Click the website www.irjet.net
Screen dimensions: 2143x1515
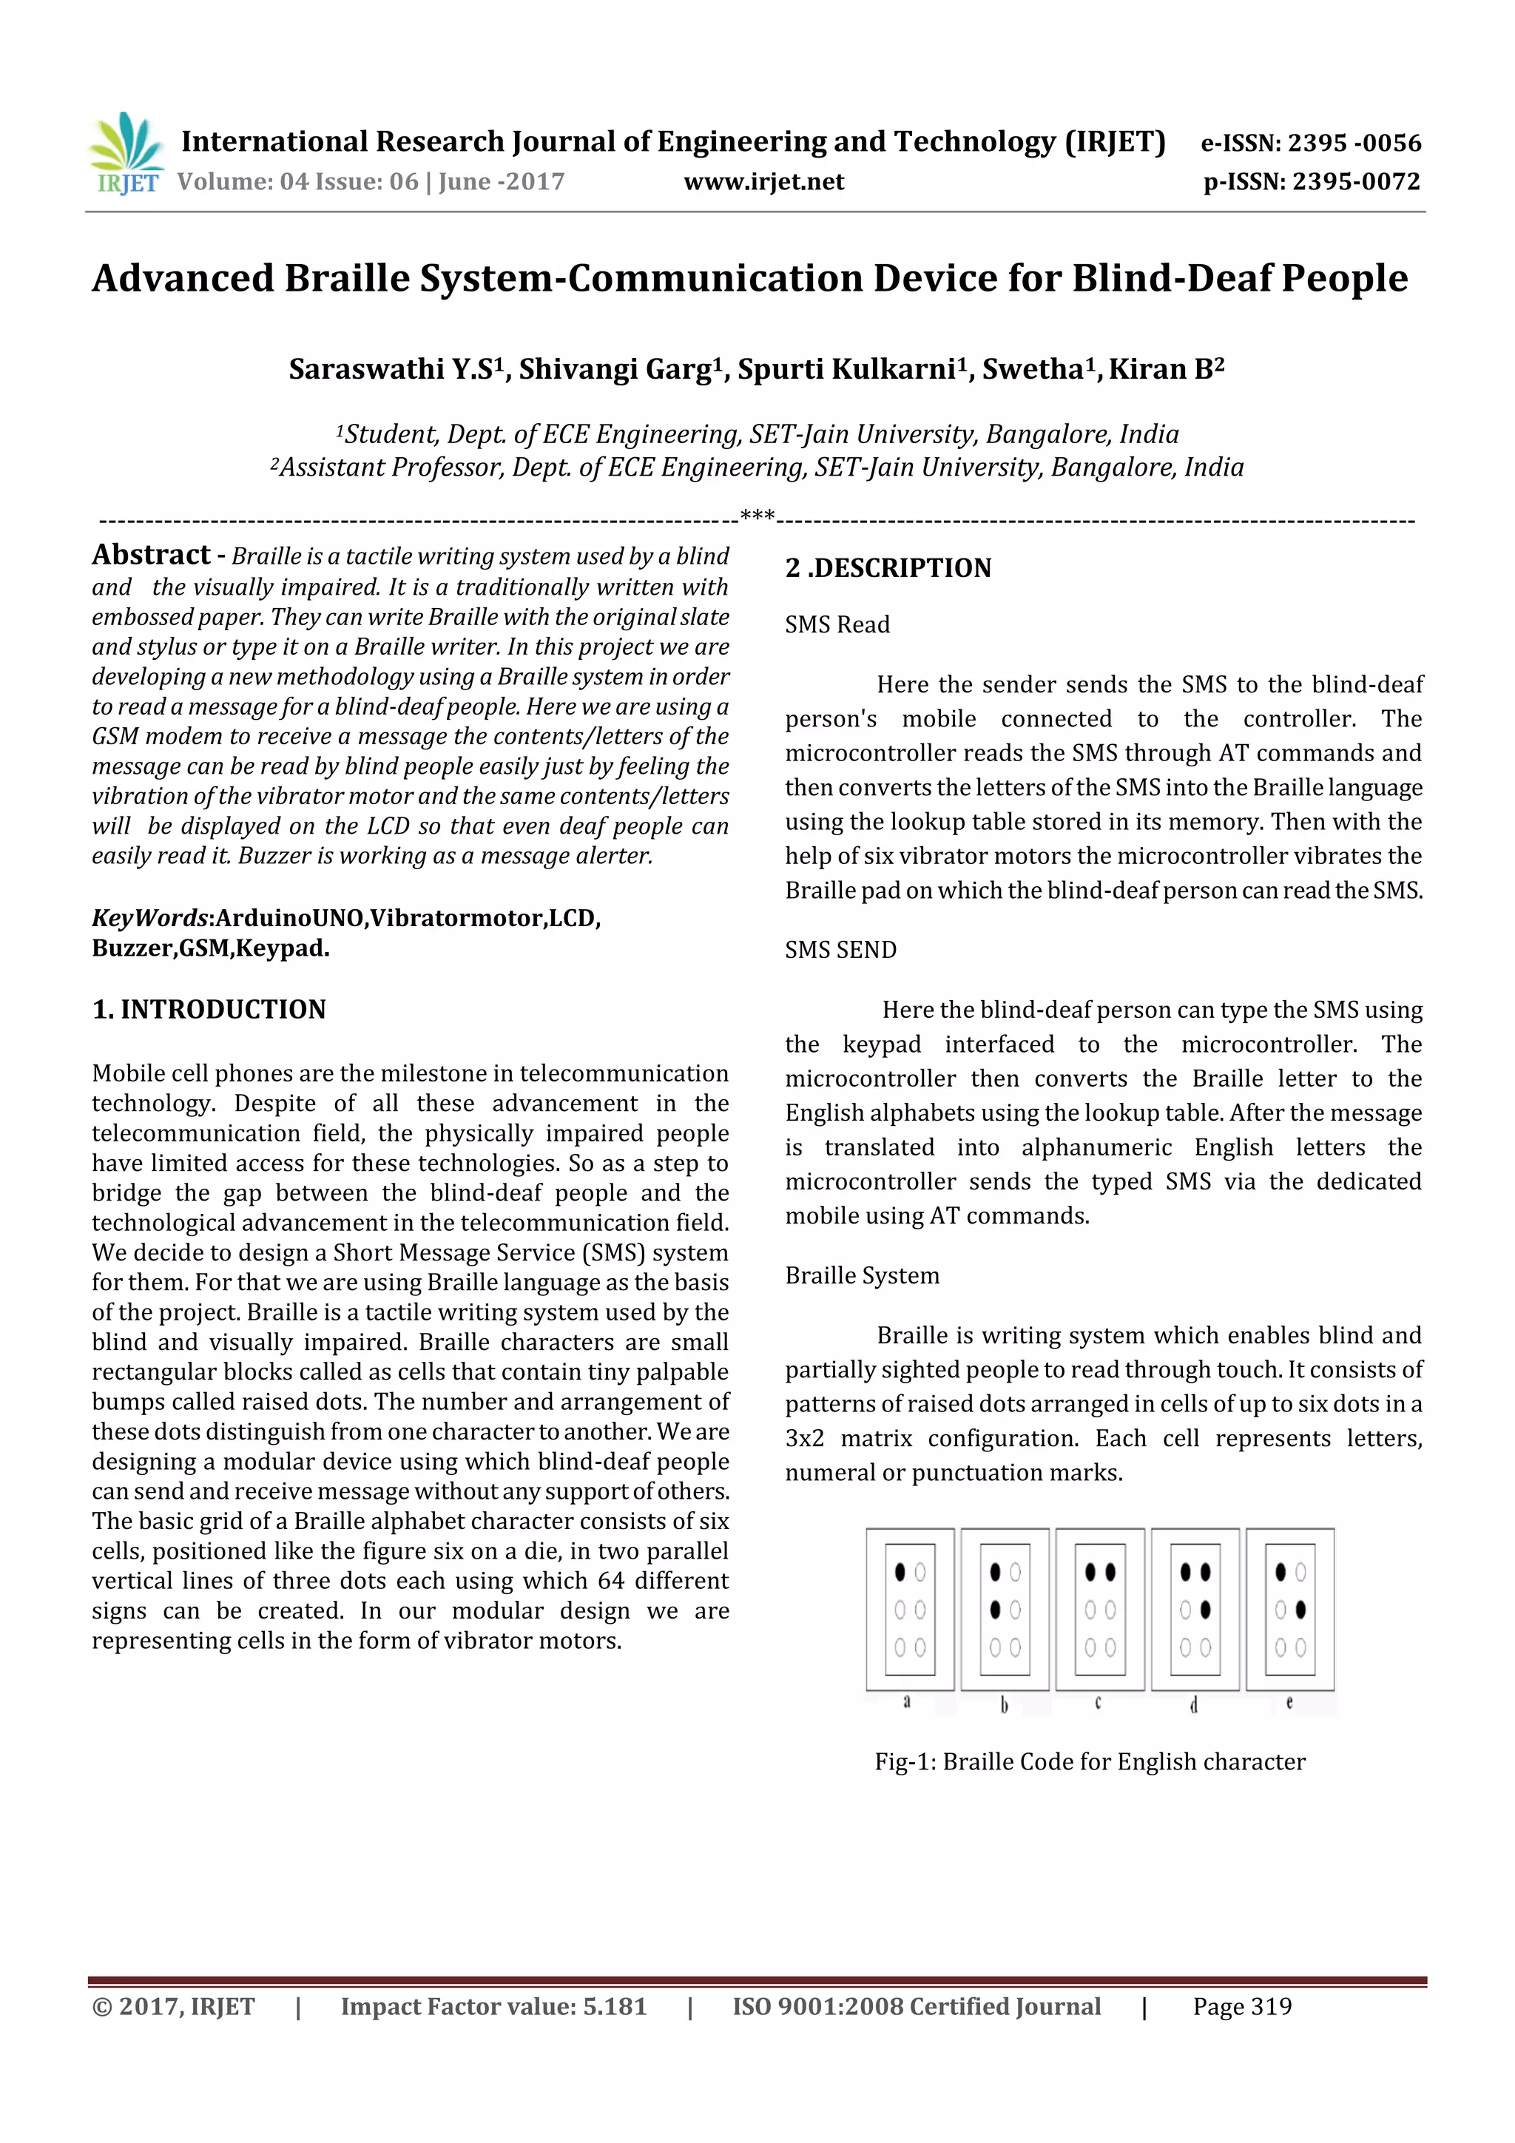(763, 182)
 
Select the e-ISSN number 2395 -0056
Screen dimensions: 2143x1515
(1354, 143)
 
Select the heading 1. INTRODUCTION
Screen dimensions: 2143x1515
(209, 1009)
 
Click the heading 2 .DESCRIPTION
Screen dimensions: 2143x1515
(888, 567)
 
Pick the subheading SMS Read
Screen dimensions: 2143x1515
(837, 624)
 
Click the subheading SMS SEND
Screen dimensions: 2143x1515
(840, 949)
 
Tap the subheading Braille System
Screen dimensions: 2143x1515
(862, 1275)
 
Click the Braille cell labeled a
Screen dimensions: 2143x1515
(909, 1609)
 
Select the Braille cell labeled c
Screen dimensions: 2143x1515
(1099, 1609)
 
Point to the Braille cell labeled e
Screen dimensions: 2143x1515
(1290, 1609)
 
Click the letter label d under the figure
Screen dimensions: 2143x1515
(1194, 1704)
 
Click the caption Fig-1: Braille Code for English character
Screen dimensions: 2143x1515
(1090, 1761)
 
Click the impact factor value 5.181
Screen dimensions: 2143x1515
(614, 2007)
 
